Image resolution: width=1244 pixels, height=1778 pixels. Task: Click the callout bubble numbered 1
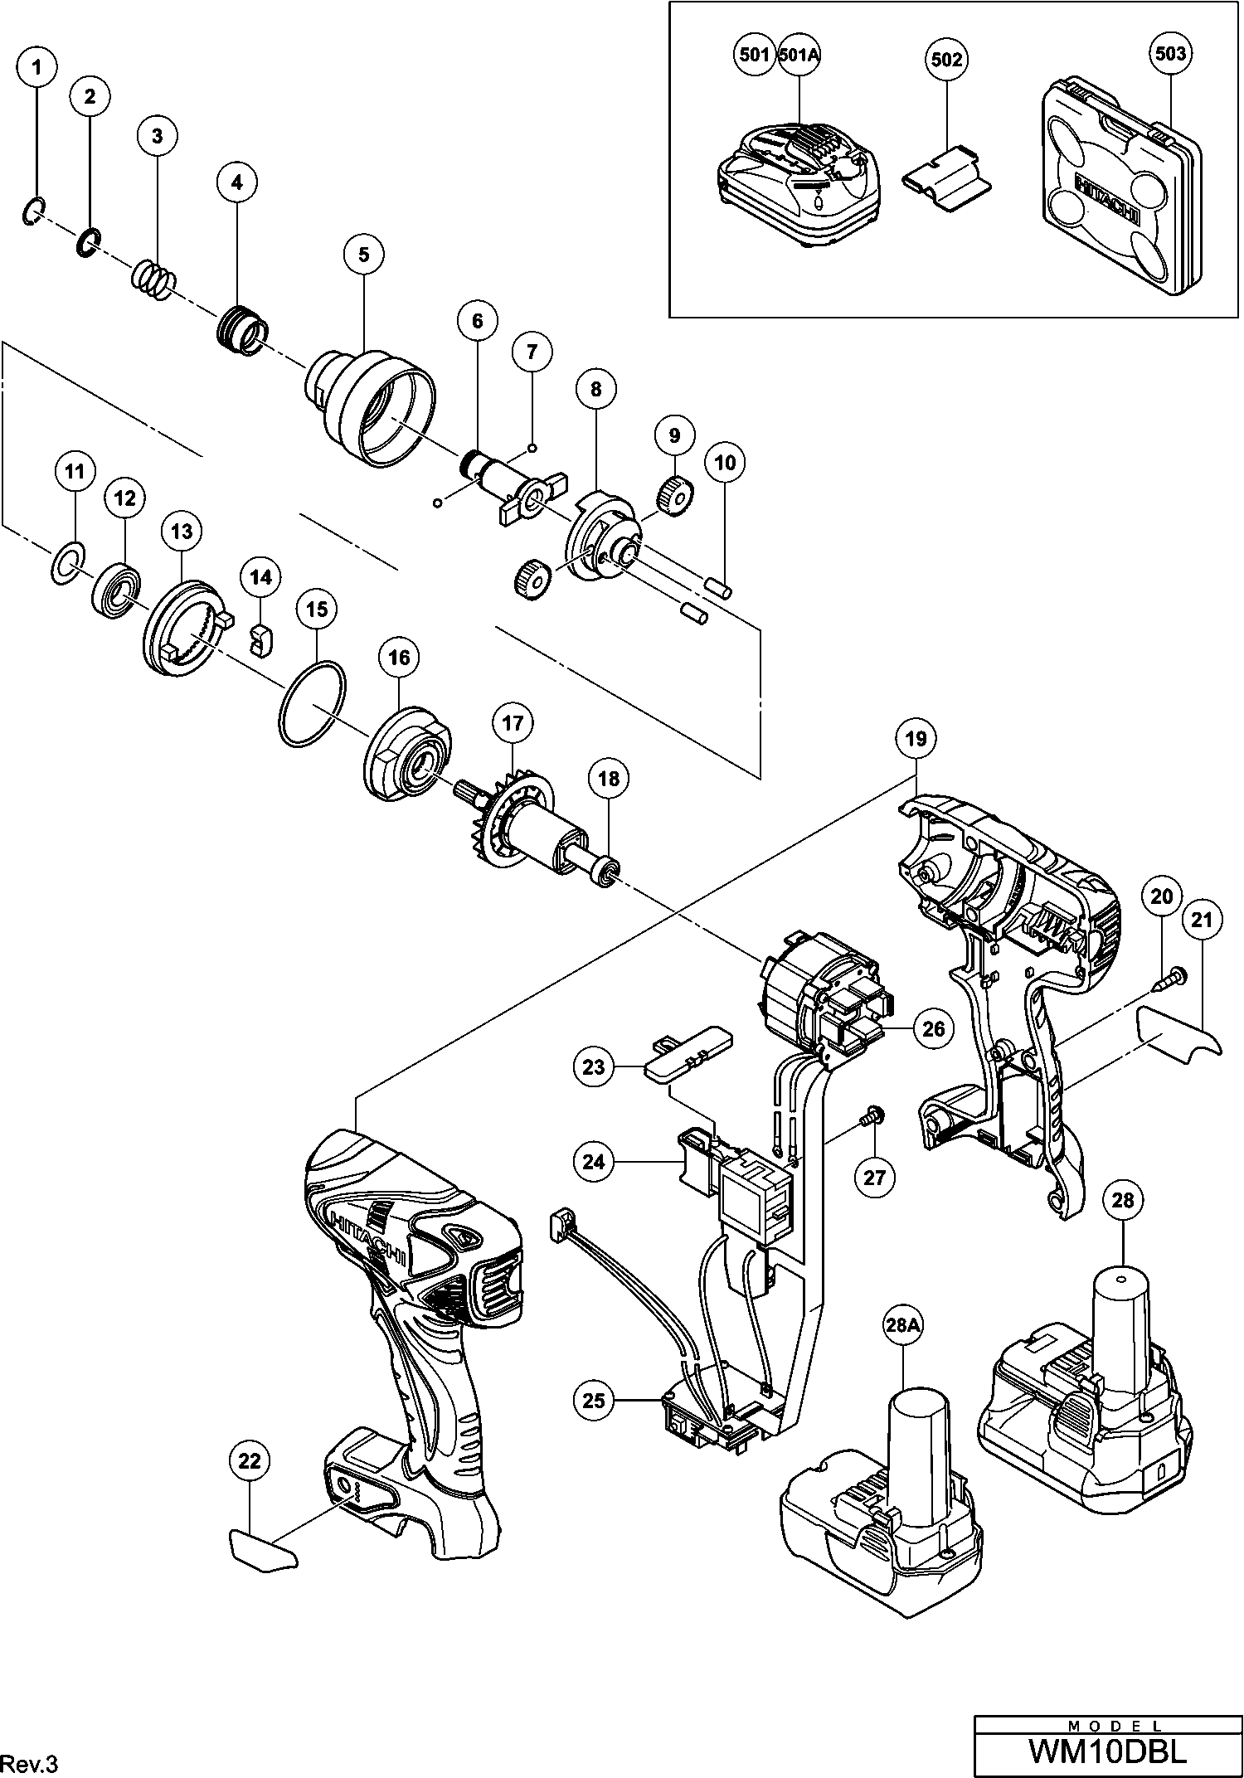(x=37, y=68)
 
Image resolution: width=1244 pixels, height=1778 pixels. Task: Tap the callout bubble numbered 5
(x=363, y=255)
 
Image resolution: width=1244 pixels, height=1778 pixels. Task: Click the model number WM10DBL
(x=1108, y=1751)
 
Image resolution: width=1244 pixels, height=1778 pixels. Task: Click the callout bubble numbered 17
(x=513, y=723)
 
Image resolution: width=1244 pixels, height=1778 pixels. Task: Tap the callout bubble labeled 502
(x=947, y=59)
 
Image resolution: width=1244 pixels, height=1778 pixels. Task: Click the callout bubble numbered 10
(x=725, y=462)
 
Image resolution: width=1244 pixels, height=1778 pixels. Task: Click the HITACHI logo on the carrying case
(x=1107, y=202)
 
